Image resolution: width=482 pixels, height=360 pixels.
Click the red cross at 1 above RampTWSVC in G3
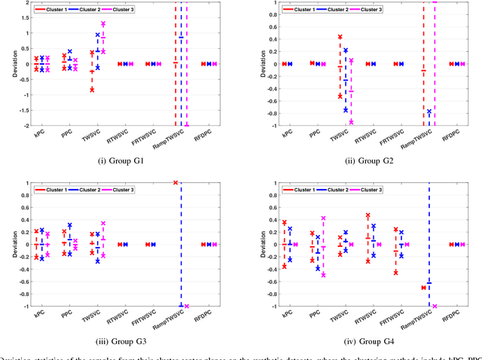[175, 183]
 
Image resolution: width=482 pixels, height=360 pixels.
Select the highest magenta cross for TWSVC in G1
[103, 24]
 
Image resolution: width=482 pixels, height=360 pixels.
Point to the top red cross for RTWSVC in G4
[368, 215]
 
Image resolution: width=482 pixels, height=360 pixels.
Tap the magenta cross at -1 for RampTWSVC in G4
[435, 306]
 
